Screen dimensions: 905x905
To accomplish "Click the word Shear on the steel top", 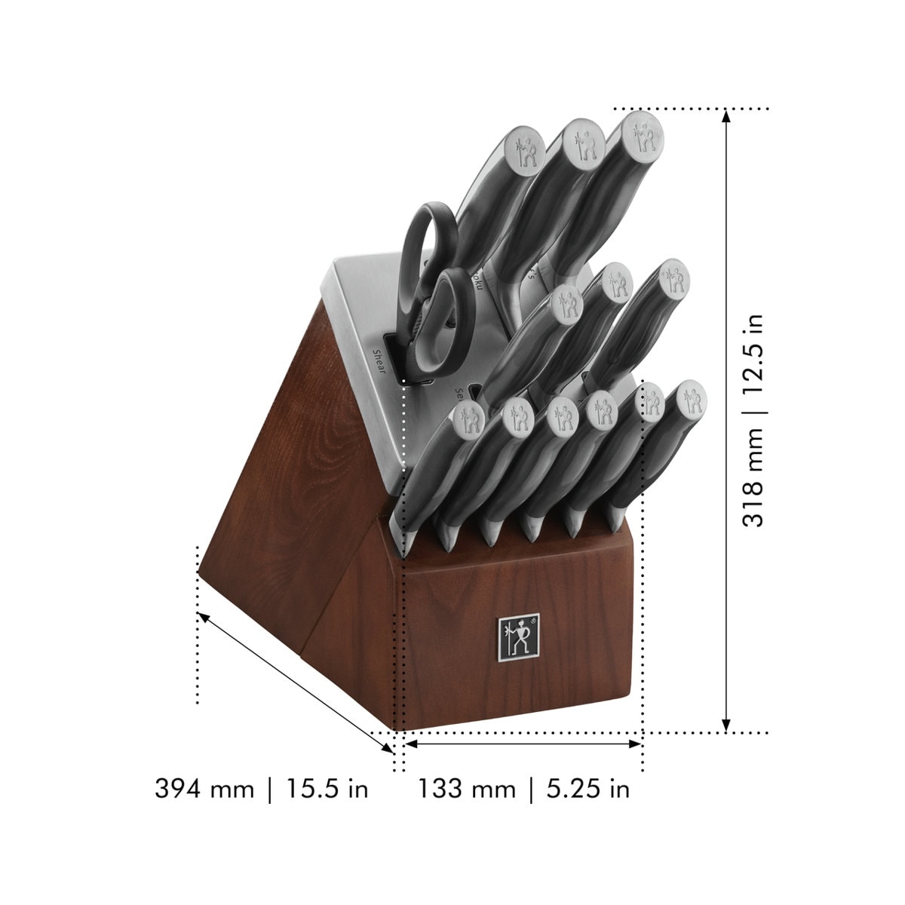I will coord(379,360).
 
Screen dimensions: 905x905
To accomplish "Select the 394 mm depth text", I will coord(204,789).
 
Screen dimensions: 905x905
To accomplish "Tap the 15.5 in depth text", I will coord(327,789).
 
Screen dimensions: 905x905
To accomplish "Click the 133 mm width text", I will coord(467,789).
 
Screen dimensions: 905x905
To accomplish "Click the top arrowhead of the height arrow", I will coord(726,115).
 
